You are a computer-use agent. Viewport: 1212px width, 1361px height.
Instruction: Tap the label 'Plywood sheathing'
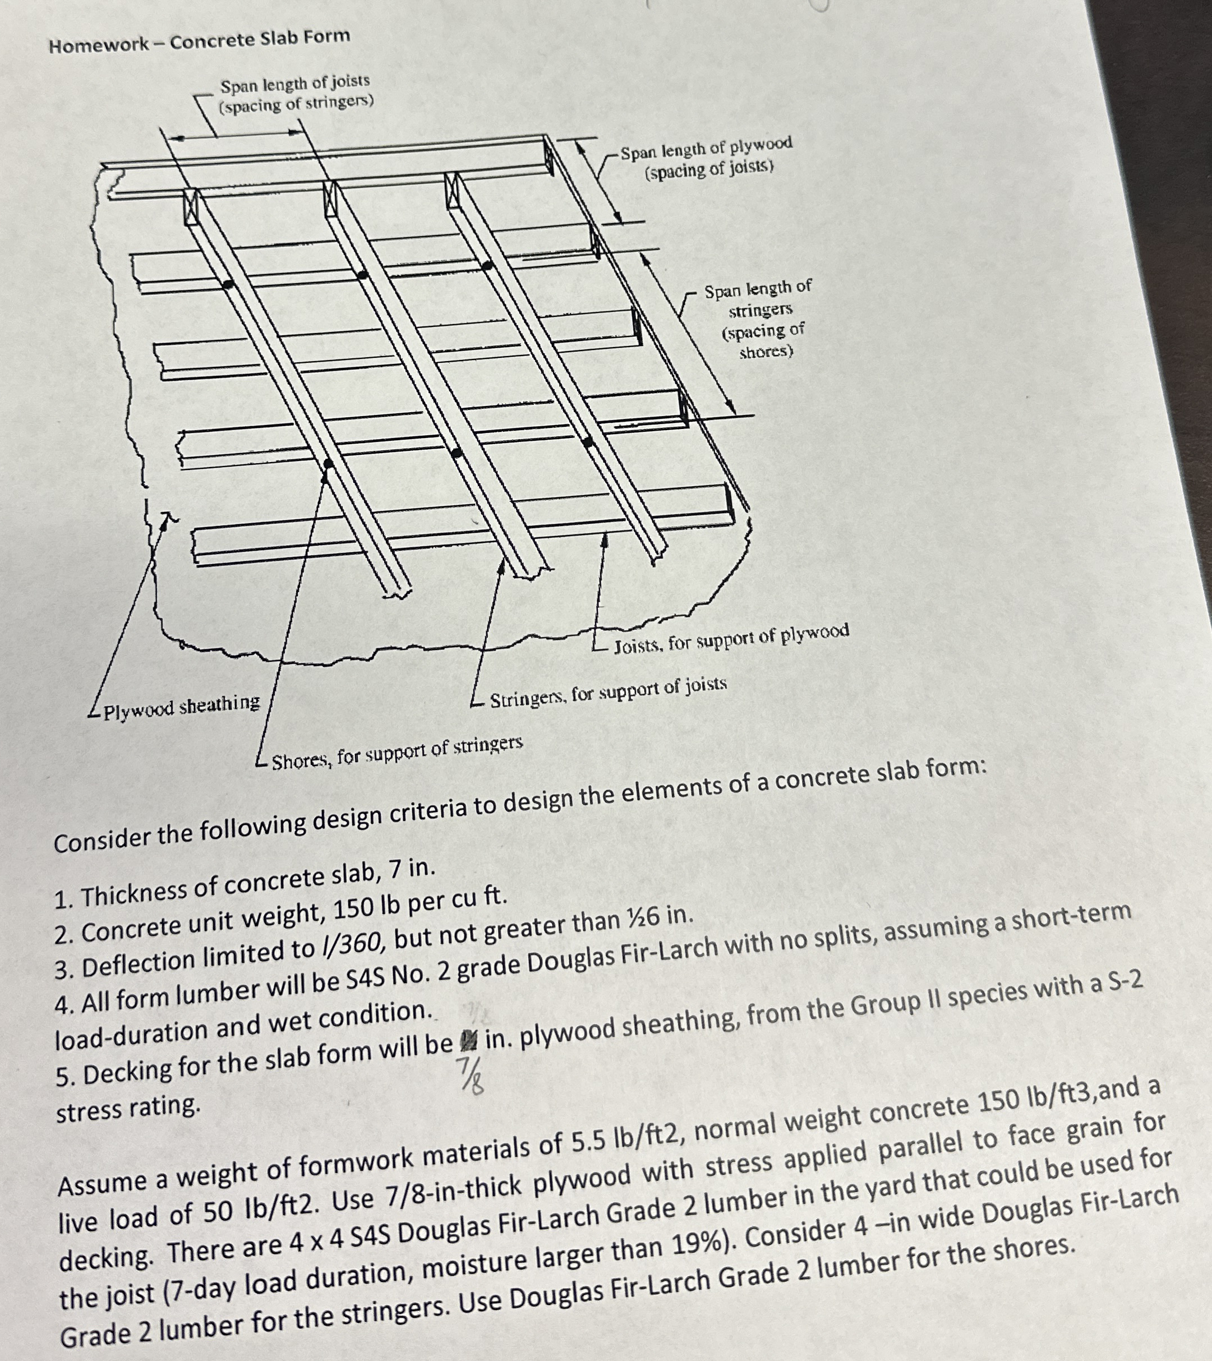[181, 706]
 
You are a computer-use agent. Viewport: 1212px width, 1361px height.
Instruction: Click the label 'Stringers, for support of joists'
[608, 690]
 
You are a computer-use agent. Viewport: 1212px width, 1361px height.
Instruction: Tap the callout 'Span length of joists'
[295, 83]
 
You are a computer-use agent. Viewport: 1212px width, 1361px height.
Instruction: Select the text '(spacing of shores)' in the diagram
[764, 340]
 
